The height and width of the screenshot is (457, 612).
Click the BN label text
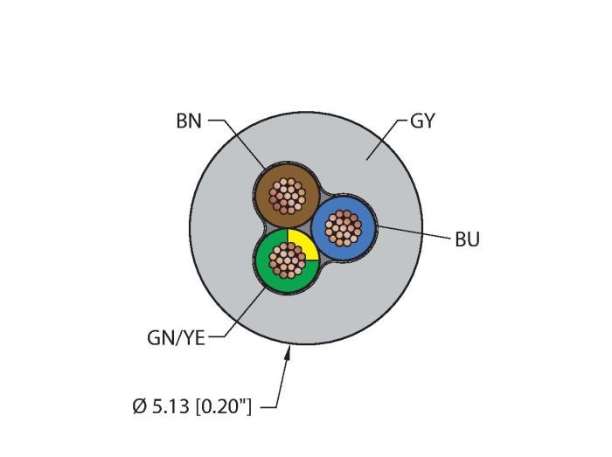188,121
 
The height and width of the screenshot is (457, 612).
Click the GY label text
422,121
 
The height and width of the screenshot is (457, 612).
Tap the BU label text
467,239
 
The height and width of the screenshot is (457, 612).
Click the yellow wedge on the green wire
301,246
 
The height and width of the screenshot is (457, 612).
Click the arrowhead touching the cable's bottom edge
290,350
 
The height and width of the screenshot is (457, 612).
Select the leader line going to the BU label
411,232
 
